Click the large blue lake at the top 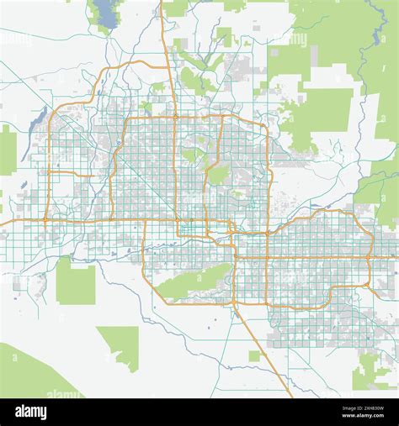tap(106, 12)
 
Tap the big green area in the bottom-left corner tap(25, 374)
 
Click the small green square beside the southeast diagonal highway tap(254, 355)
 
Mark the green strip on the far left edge tap(7, 151)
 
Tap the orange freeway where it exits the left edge tap(4, 224)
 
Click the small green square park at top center tap(224, 35)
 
